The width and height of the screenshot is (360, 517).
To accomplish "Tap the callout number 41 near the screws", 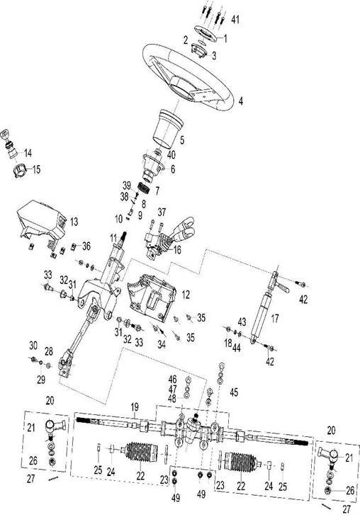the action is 235,20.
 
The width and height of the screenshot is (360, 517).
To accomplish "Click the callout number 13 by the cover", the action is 74,222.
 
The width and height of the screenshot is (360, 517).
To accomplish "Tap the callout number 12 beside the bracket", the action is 186,295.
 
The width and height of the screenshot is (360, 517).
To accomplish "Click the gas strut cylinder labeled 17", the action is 264,314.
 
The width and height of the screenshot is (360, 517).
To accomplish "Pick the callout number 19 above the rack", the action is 135,407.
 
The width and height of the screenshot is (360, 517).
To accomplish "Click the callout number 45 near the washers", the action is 234,392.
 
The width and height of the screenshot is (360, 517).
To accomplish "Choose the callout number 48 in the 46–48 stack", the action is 172,399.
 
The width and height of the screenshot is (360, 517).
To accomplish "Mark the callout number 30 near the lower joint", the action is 33,346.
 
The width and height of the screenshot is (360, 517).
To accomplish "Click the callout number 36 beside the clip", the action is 86,246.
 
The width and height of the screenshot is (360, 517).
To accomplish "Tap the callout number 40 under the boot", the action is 171,154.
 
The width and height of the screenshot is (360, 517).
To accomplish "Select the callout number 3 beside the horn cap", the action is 214,55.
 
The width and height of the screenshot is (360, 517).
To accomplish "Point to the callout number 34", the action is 162,344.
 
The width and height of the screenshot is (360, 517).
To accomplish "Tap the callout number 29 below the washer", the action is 41,380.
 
